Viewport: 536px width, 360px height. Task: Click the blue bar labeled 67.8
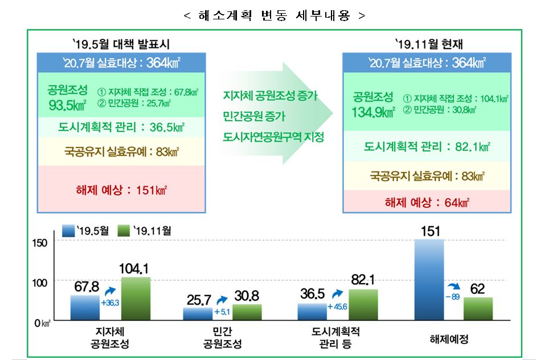point(85,308)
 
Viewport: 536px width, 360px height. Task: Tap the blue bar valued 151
point(429,280)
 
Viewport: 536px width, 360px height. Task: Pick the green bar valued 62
point(478,309)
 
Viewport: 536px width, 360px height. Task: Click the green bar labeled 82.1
point(363,305)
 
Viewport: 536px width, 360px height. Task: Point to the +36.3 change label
point(109,302)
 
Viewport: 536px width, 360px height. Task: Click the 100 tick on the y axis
point(45,281)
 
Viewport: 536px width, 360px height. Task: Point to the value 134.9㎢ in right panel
point(374,112)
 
